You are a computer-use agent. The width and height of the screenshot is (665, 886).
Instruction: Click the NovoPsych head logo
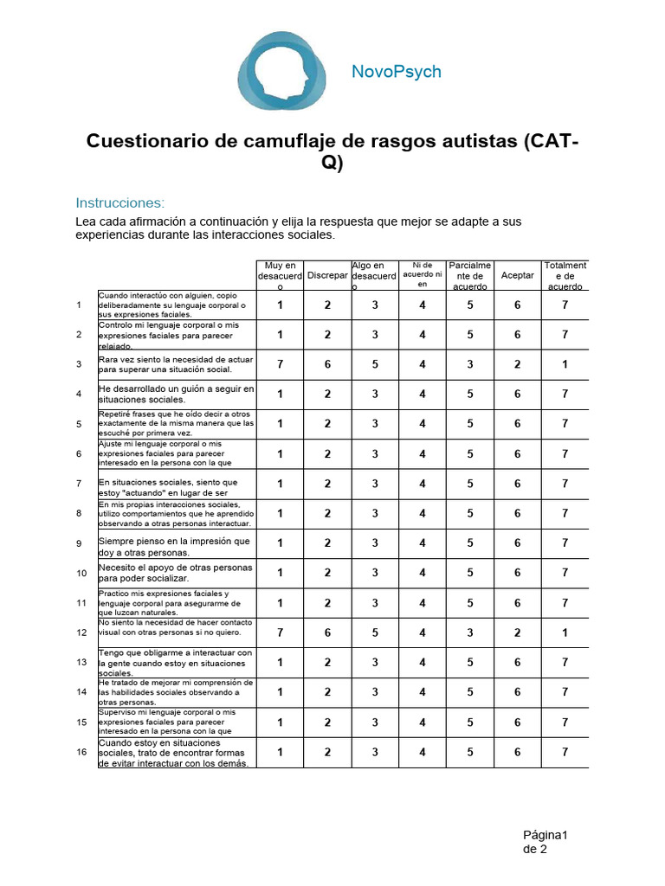tap(283, 71)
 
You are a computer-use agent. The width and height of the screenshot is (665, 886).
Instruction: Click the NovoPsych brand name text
tap(396, 72)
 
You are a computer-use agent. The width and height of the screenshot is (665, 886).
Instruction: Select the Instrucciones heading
tap(119, 203)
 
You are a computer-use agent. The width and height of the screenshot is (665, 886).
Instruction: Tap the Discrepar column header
tap(327, 275)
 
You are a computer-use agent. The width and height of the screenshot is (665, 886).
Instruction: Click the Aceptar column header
tap(518, 275)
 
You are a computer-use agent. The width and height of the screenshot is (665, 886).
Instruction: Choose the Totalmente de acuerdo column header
tap(565, 275)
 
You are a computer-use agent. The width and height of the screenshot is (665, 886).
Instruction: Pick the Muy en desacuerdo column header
tap(280, 275)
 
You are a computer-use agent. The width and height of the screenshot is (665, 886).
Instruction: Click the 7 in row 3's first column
tap(280, 364)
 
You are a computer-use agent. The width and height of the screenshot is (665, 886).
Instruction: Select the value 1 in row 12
tap(565, 632)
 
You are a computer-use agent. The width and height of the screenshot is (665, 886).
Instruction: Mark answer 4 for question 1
tap(423, 305)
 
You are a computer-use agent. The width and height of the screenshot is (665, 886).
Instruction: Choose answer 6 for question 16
tap(518, 752)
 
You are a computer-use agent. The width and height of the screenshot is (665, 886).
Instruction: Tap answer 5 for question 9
tap(470, 543)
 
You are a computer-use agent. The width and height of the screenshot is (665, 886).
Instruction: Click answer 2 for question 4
tap(327, 394)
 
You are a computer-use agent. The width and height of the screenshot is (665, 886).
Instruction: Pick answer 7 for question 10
tap(565, 573)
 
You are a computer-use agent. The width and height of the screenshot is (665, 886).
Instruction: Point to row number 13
tap(81, 663)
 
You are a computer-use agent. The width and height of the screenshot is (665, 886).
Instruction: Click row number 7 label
tap(79, 484)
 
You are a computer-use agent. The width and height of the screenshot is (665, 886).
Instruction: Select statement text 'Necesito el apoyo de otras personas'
tap(176, 568)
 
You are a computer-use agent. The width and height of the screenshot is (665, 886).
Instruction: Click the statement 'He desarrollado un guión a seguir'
tap(177, 388)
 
